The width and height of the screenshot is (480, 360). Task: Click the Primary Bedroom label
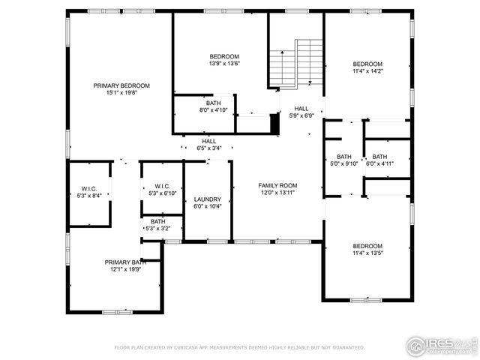click(121, 85)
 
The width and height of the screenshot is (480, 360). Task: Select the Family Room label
click(277, 185)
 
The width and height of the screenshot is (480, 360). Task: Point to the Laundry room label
click(207, 199)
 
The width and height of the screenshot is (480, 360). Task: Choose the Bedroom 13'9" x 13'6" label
click(223, 57)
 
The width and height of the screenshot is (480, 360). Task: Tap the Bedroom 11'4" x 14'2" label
click(367, 64)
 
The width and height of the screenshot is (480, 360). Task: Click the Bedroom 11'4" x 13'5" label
click(367, 246)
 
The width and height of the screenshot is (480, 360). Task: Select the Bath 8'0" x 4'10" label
click(214, 103)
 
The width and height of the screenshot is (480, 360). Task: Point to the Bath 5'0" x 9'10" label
click(344, 157)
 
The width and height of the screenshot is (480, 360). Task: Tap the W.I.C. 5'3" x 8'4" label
click(89, 188)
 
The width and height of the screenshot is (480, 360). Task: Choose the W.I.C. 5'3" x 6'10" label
click(162, 187)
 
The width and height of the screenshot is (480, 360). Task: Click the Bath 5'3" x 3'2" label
click(157, 222)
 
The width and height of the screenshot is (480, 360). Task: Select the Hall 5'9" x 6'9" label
click(301, 108)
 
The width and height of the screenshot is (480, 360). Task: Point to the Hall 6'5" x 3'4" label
click(208, 141)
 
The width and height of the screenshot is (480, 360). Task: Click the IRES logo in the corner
click(441, 344)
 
